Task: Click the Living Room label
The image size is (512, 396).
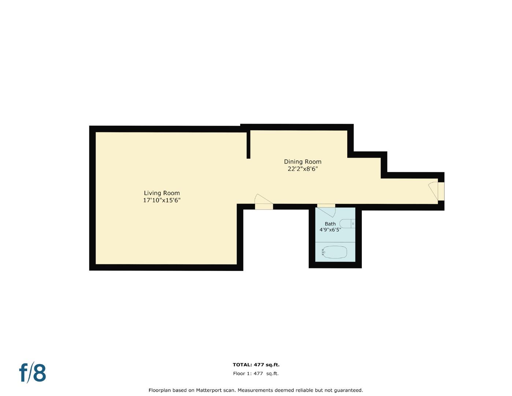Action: (x=162, y=193)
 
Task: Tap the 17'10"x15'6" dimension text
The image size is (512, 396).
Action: (x=162, y=201)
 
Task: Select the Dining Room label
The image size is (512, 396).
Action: (x=303, y=162)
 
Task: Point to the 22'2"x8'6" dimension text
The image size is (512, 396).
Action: (x=303, y=169)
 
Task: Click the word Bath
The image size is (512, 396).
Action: (x=330, y=224)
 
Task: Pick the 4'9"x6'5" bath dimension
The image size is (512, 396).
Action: (x=330, y=230)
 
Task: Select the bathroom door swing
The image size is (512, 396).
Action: (x=327, y=212)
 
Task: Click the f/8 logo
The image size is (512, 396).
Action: (x=33, y=373)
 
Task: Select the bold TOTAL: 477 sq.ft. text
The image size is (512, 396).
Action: (x=256, y=365)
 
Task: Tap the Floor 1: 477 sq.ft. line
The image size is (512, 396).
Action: (x=256, y=374)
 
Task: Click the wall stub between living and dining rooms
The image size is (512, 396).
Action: (x=248, y=145)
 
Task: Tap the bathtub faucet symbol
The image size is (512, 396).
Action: (x=323, y=252)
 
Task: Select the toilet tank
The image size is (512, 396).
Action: (x=353, y=223)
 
